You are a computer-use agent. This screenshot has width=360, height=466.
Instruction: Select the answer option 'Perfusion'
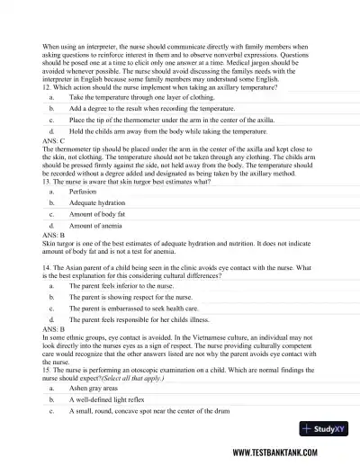click(83, 192)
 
